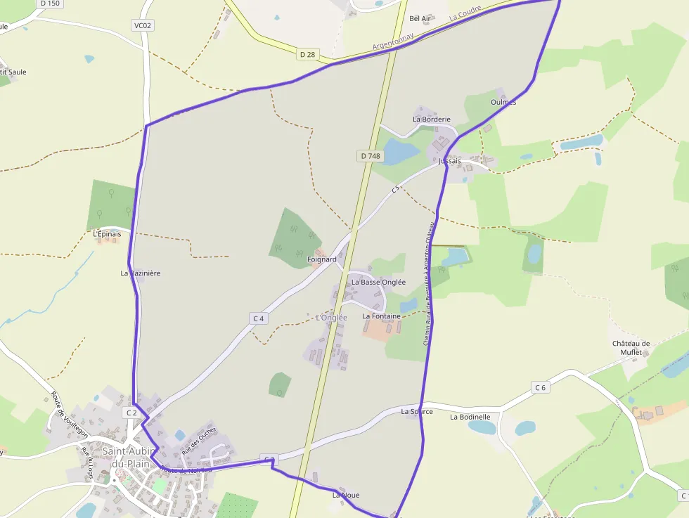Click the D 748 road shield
tap(369, 156)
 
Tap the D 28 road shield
tap(307, 54)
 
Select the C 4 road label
tap(259, 318)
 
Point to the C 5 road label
tap(395, 189)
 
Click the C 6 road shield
tap(540, 387)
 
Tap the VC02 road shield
tap(143, 26)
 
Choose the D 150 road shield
tap(50, 4)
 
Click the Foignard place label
tap(322, 259)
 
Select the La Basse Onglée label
tap(378, 282)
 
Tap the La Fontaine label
tap(381, 316)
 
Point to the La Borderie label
tap(432, 119)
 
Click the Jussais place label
tap(450, 161)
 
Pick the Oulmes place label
tap(503, 102)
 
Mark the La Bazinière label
tap(141, 273)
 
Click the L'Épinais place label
tap(107, 234)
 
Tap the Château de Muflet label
tap(631, 348)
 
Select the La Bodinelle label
tap(470, 417)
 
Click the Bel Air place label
tap(420, 18)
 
